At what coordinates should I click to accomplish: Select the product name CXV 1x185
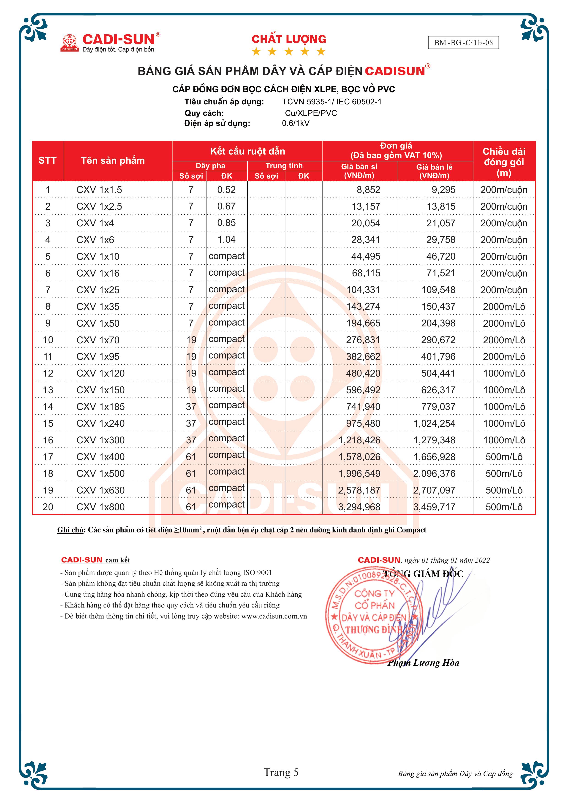point(100,407)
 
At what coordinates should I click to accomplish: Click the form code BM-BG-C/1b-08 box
point(463,43)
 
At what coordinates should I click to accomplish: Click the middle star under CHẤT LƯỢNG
point(288,52)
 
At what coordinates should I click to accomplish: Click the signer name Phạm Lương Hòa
point(423,662)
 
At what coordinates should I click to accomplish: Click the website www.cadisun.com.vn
point(274,616)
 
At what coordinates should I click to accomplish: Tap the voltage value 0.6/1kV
point(296,123)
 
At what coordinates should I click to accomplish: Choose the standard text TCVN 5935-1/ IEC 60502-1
point(332,102)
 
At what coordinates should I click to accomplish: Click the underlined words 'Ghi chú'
point(70,530)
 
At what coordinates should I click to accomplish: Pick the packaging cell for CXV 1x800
point(504,507)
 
